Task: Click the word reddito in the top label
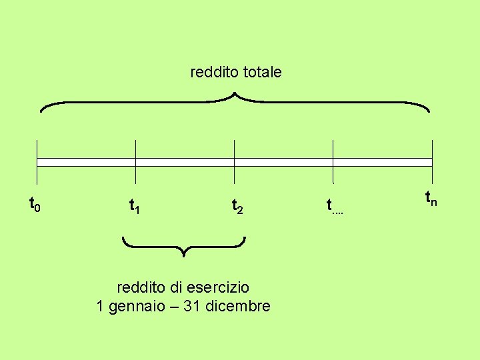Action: (211, 71)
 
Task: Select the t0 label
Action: (35, 203)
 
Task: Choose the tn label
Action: (431, 197)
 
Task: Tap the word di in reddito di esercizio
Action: (175, 288)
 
